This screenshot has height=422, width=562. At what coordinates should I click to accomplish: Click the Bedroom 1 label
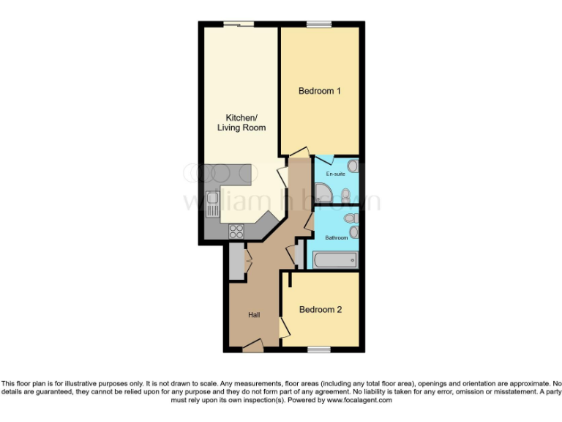[x=320, y=91]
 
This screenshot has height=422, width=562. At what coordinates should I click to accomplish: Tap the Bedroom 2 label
[x=320, y=309]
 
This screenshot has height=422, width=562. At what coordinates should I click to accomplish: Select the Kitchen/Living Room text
[x=241, y=122]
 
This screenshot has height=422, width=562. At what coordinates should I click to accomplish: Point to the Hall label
[x=254, y=314]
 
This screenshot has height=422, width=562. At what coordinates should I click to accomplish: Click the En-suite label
[x=335, y=174]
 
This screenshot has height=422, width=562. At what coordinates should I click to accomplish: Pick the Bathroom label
[x=336, y=238]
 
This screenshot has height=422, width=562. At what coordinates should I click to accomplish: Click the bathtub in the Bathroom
[x=335, y=259]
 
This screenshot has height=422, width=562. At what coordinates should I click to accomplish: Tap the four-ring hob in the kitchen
[x=236, y=232]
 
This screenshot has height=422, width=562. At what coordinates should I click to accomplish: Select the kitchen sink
[x=212, y=204]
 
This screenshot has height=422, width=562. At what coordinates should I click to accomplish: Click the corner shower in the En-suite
[x=323, y=193]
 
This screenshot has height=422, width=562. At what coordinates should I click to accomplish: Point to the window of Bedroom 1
[x=319, y=24]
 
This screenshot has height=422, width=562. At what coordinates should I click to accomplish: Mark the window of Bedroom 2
[x=319, y=349]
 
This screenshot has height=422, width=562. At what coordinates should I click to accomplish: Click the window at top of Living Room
[x=239, y=24]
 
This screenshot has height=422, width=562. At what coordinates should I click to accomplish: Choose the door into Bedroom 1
[x=299, y=152]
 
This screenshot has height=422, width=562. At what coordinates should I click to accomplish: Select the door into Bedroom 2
[x=284, y=327]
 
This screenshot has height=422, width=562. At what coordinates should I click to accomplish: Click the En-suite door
[x=323, y=159]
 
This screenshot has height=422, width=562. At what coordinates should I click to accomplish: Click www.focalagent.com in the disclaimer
[x=359, y=400]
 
